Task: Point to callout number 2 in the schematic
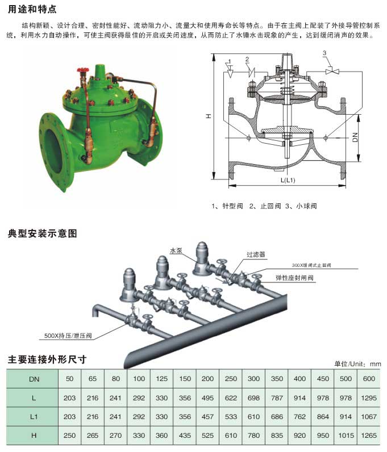pos(247,59)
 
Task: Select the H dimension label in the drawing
pos(209,116)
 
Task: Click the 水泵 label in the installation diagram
pos(175,250)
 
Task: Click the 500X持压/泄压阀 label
pos(68,336)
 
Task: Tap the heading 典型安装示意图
pos(42,233)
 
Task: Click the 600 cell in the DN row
pos(368,379)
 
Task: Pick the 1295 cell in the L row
pos(368,398)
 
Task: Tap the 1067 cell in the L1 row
pos(368,416)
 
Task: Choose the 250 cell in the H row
pos(70,435)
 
